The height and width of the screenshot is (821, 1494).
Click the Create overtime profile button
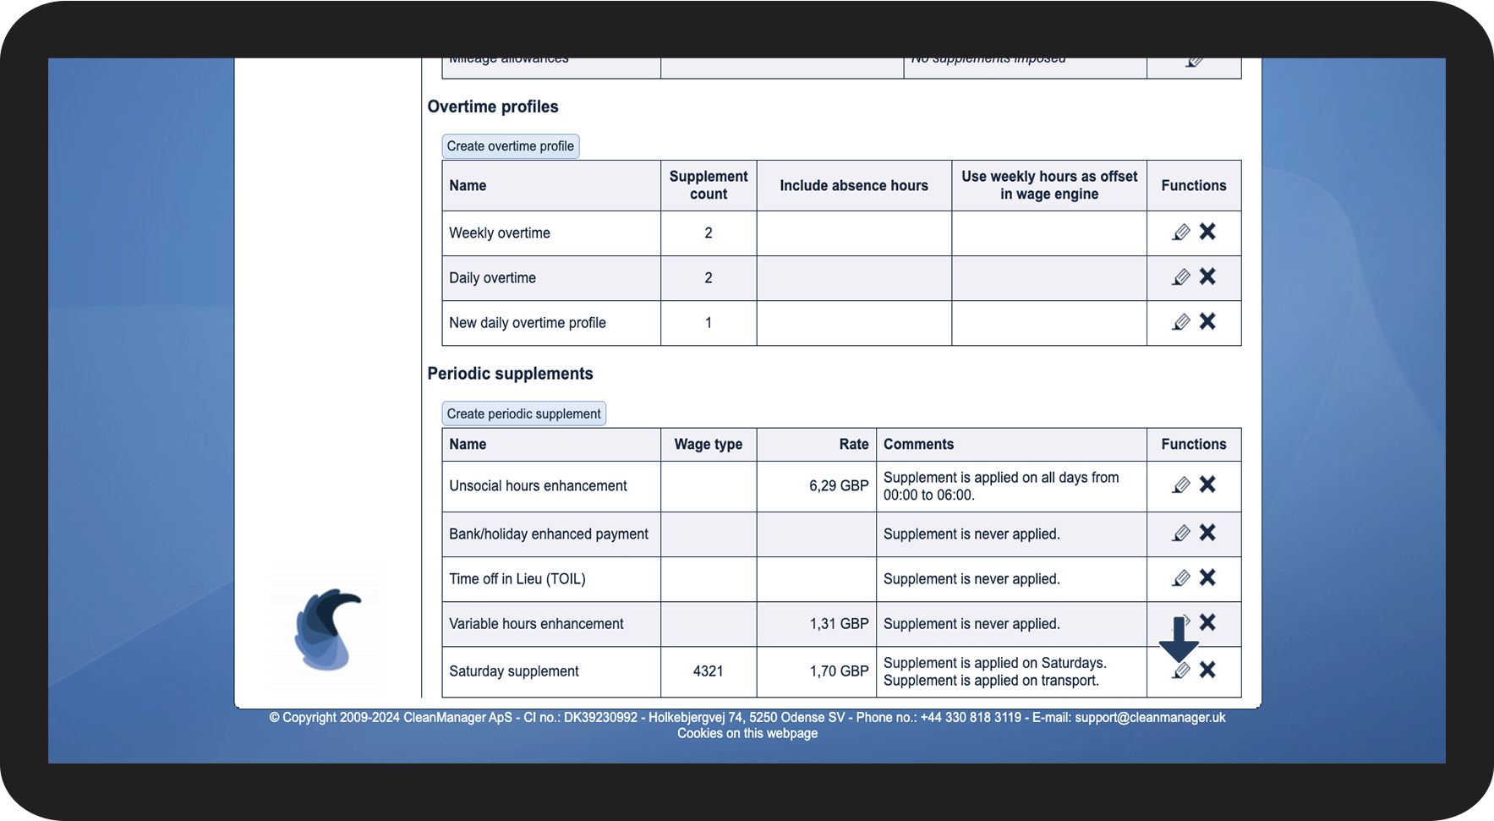click(x=510, y=146)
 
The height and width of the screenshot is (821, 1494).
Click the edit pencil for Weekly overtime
click(x=1181, y=233)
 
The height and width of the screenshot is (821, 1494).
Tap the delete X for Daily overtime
click(x=1207, y=276)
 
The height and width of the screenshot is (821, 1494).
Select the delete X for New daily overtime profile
click(x=1207, y=321)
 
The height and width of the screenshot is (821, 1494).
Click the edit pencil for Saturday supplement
click(x=1181, y=671)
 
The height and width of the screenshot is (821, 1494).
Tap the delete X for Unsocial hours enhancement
click(x=1207, y=484)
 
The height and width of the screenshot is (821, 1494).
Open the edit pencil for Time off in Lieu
click(x=1181, y=578)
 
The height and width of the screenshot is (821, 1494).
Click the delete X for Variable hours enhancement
click(x=1207, y=622)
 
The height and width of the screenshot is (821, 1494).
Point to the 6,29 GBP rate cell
click(x=838, y=486)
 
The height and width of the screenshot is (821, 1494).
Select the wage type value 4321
click(x=708, y=671)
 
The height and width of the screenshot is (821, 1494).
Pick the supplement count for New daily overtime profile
click(x=708, y=323)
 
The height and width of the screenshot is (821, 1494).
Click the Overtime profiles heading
click(x=493, y=107)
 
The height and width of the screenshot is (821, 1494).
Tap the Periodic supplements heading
click(x=510, y=374)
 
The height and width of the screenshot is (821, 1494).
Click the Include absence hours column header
click(x=853, y=186)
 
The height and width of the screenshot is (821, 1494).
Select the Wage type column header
click(x=708, y=445)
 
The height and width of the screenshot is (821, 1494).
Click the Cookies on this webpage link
click(x=747, y=733)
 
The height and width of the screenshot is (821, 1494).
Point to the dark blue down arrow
click(x=1179, y=640)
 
